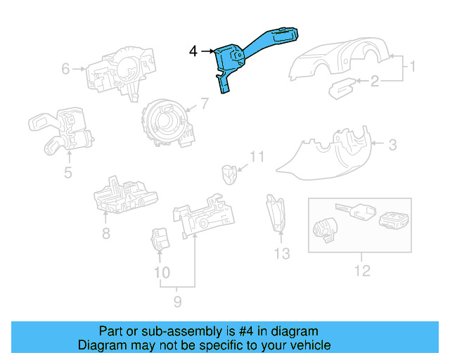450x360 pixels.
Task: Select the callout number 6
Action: coord(65,69)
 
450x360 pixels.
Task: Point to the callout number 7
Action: coord(204,104)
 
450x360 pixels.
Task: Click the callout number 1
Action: coord(413,68)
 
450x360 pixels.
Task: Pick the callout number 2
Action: coord(375,82)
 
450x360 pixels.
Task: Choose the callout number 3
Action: coord(392,145)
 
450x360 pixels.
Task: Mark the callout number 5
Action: coord(67,171)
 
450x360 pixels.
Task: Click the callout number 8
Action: coord(105,233)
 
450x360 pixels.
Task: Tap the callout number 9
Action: coord(177,302)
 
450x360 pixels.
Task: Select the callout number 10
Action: coord(162,272)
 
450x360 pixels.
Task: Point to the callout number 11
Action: coord(257,157)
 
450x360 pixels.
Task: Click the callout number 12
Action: coord(362,270)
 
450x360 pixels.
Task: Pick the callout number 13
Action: coord(281,254)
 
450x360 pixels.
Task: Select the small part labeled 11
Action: coord(228,172)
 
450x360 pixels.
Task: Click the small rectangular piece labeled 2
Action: coord(342,89)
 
